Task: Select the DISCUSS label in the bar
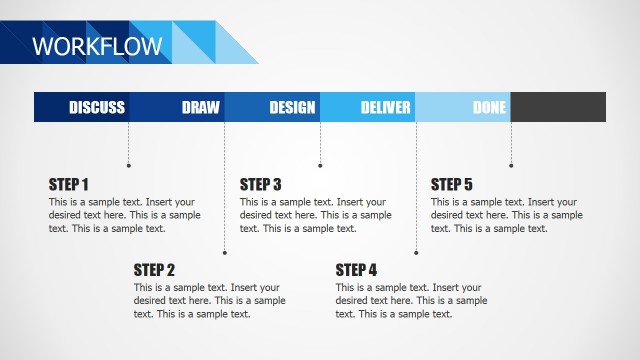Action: pos(97,108)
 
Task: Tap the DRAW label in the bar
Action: pos(200,108)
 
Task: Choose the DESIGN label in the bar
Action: pos(292,108)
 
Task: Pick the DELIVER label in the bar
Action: pos(386,108)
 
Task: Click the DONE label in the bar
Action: pos(489,108)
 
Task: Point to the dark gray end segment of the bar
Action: pos(558,107)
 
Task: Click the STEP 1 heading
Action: pos(69,184)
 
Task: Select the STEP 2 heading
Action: pos(154,269)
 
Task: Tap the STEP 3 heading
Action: pos(260,184)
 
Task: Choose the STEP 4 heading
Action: pos(356,269)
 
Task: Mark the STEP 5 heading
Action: pos(451,184)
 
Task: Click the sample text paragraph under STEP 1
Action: pos(124,215)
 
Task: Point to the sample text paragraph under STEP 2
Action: pos(209,300)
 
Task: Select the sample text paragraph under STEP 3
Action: pos(315,215)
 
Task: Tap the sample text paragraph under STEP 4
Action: pos(411,300)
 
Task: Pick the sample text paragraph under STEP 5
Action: pos(506,215)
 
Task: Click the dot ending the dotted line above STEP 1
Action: pos(128,165)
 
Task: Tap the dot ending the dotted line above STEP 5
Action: pos(511,165)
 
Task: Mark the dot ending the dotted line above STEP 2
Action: pos(224,252)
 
